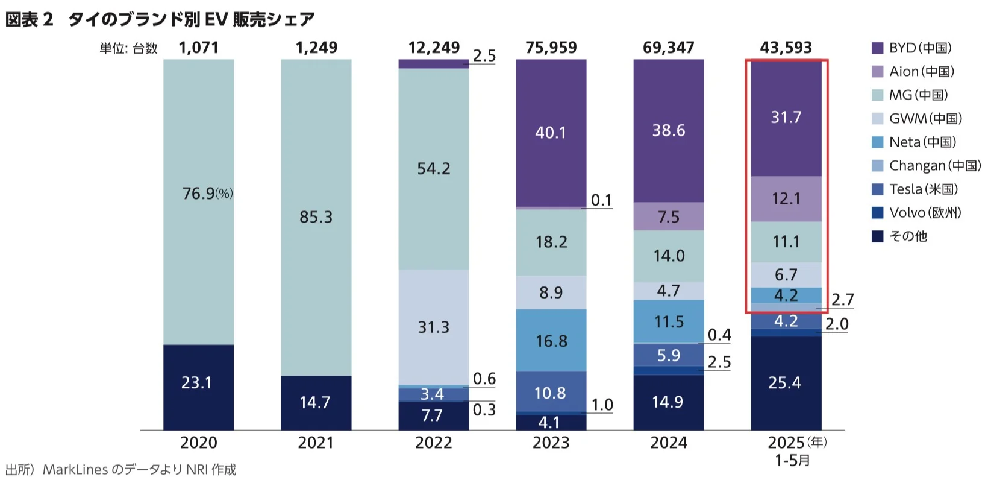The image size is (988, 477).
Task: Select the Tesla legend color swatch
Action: (x=877, y=189)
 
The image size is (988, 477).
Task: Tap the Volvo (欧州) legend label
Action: (x=925, y=213)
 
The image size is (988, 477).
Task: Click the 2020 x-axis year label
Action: (x=198, y=443)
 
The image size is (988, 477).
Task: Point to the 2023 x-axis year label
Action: (x=551, y=443)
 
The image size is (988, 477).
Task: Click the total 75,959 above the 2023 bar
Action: (x=551, y=48)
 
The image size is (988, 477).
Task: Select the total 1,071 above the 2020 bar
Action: (x=198, y=48)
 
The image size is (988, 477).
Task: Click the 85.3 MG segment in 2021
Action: (x=316, y=217)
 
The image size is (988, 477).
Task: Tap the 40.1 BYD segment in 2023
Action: (x=551, y=133)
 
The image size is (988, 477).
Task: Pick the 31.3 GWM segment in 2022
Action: (x=433, y=327)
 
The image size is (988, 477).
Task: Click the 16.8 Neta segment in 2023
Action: (x=551, y=341)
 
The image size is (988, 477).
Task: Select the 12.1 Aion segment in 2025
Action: (x=786, y=198)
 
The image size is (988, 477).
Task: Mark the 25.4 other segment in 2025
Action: (x=784, y=383)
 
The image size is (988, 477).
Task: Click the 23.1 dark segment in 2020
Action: (x=196, y=383)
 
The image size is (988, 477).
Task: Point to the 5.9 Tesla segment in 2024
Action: (x=668, y=356)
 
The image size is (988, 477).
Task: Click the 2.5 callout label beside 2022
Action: (x=484, y=56)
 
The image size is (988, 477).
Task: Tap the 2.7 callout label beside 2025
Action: (x=842, y=300)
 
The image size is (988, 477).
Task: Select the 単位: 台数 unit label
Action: (x=128, y=48)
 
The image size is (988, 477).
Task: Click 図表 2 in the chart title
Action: (x=30, y=19)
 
